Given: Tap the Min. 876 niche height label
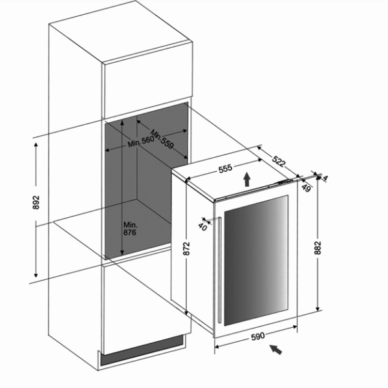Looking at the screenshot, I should click(x=131, y=230).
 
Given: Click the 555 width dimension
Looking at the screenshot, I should click(x=225, y=169).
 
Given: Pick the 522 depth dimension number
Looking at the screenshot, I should click(x=279, y=160).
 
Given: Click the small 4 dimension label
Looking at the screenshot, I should click(x=325, y=178).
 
